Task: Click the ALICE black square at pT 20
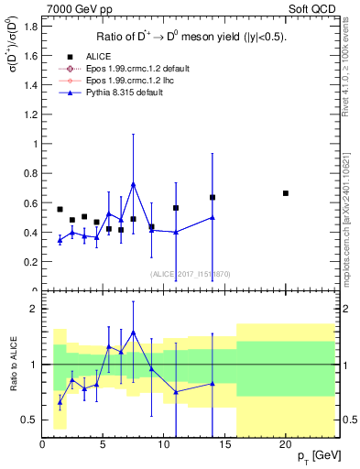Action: click(286, 193)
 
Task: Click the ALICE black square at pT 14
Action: click(213, 197)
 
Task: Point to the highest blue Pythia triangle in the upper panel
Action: click(134, 184)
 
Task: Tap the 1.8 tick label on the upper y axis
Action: click(30, 26)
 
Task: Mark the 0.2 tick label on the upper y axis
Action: click(30, 262)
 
